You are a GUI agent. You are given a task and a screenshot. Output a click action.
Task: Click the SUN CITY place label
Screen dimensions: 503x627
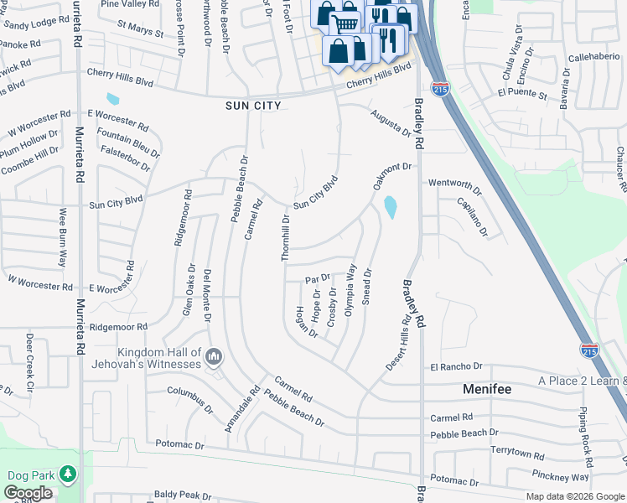point(252,106)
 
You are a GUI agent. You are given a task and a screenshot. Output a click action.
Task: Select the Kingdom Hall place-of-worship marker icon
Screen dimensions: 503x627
point(214,358)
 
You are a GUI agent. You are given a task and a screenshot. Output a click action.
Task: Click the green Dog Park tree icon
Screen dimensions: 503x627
point(68,475)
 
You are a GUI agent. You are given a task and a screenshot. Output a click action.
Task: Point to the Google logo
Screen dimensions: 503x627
point(28,494)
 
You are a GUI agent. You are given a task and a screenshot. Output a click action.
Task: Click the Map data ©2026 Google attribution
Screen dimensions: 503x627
point(575,496)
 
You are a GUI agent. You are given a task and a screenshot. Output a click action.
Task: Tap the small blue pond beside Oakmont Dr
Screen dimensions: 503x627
point(390,206)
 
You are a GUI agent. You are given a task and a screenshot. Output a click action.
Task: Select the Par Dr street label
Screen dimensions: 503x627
point(318,278)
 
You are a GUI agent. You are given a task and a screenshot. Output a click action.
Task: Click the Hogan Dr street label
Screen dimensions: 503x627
point(306,322)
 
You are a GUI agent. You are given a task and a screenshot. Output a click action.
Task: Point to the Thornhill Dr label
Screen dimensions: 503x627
point(286,236)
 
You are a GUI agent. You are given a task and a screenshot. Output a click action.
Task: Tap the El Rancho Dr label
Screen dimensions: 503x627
point(457,366)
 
